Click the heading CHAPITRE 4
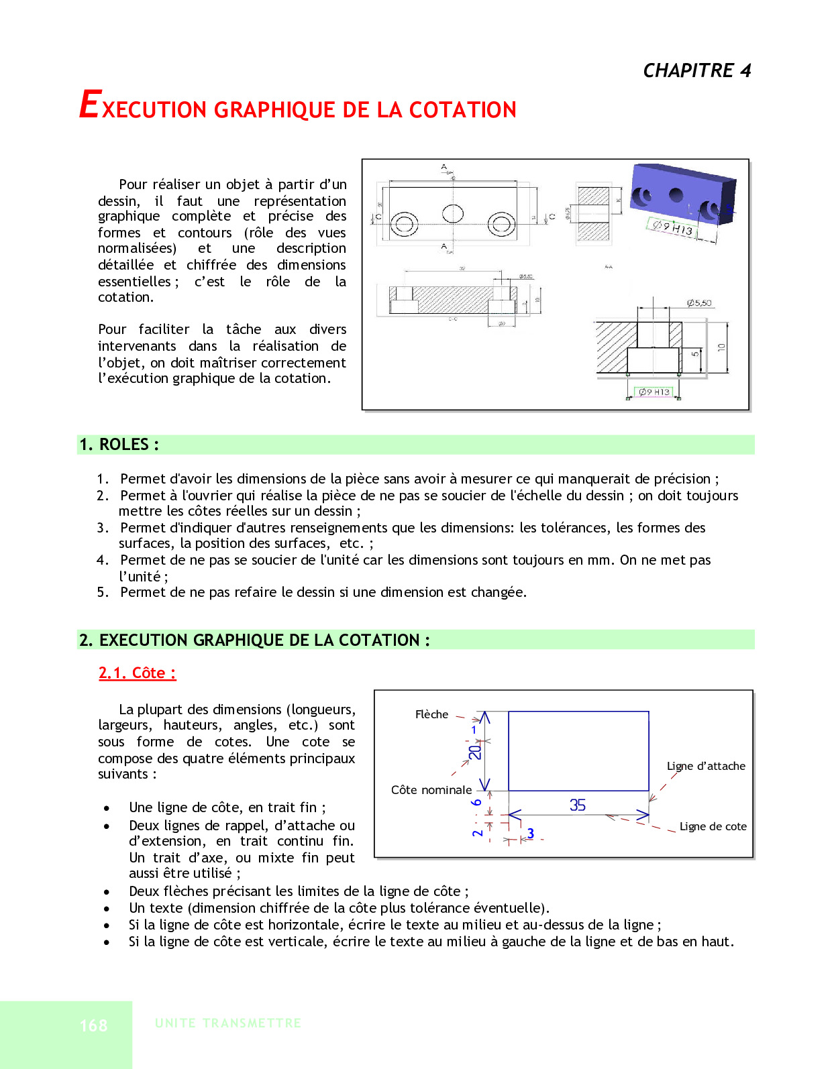click(696, 70)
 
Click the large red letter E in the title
click(89, 105)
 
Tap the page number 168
click(93, 1025)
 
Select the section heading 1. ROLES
click(119, 445)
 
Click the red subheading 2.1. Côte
click(137, 673)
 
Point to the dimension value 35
click(578, 805)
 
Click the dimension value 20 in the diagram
click(475, 752)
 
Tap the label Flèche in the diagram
click(431, 714)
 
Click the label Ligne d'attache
click(706, 766)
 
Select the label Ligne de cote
click(713, 826)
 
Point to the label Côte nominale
click(431, 790)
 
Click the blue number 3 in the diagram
click(530, 833)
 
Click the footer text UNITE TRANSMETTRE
click(227, 1023)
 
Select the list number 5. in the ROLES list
click(103, 592)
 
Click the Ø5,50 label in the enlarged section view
click(699, 303)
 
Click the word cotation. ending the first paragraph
click(125, 297)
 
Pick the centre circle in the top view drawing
click(453, 213)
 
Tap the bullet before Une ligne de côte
click(107, 808)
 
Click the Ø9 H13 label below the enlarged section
click(654, 392)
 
